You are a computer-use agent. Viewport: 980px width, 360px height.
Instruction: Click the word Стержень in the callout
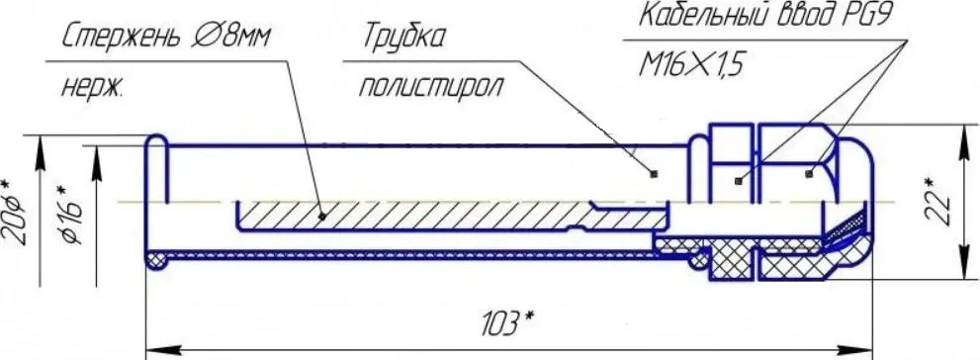coord(120,39)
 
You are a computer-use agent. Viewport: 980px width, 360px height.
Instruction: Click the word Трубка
coord(403,39)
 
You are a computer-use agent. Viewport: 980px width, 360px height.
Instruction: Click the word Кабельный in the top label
coord(697,17)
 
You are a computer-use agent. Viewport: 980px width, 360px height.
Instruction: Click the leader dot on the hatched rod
coord(323,213)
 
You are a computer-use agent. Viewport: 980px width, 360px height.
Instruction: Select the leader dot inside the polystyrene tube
coord(655,174)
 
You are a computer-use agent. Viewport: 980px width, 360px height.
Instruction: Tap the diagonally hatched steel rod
coord(415,213)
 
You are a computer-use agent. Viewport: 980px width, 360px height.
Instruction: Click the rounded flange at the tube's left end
coord(155,198)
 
